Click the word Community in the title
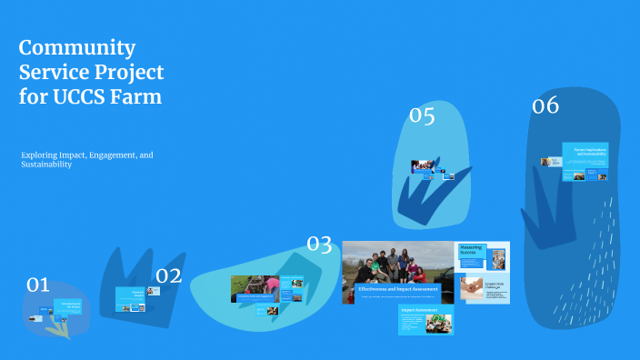pyautogui.click(x=77, y=48)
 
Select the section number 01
pyautogui.click(x=37, y=285)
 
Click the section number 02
pyautogui.click(x=169, y=276)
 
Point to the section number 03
pyautogui.click(x=319, y=244)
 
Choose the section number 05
pyautogui.click(x=422, y=115)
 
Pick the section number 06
pyautogui.click(x=545, y=106)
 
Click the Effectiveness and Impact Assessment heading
pyautogui.click(x=398, y=288)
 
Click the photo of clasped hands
pyautogui.click(x=472, y=288)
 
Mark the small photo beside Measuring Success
pyautogui.click(x=497, y=258)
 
